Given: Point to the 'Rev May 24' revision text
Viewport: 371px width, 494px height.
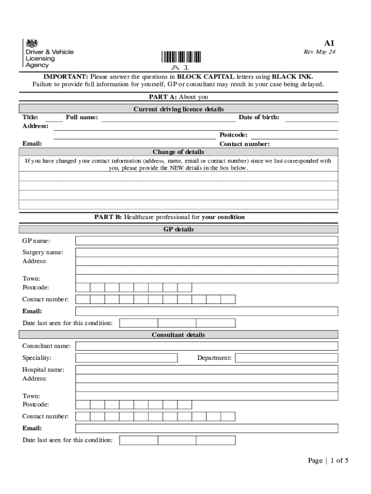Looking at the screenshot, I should pos(319,52).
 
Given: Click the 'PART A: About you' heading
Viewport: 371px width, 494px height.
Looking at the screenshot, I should pos(178,97).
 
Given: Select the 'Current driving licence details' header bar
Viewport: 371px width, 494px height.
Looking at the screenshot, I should pos(178,109).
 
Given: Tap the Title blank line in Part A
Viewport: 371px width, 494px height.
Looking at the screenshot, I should pos(54,118).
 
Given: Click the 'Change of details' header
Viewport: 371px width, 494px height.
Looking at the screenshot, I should pos(178,152).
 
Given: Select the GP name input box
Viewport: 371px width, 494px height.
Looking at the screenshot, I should pos(207,241).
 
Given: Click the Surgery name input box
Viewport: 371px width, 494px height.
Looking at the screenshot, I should pos(207,252).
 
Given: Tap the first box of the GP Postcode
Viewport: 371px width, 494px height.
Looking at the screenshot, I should pos(83,288).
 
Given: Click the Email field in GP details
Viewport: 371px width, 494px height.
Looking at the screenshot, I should pos(207,311).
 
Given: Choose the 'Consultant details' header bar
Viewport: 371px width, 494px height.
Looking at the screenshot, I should pos(178,335).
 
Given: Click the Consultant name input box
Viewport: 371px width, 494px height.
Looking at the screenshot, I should pos(207,346).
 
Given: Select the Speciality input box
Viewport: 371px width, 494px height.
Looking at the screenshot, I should pos(127,358).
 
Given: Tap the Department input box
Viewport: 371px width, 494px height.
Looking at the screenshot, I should pos(286,358).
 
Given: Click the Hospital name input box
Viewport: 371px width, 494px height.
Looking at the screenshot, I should pos(207,370).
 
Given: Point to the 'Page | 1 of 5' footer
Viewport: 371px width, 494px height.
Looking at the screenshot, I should pos(328,461).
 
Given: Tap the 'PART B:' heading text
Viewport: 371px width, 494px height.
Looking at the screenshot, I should pos(108,217).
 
